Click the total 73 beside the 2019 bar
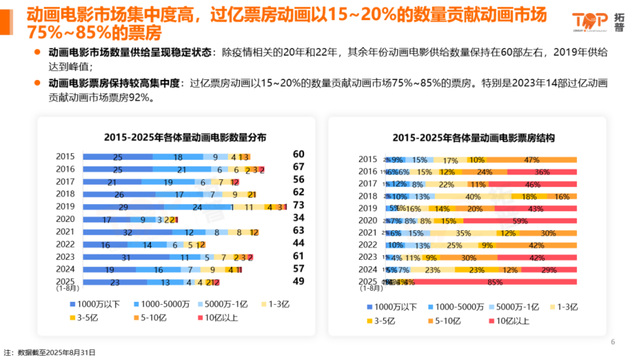click(298, 204)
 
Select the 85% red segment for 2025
click(495, 282)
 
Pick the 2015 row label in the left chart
click(65, 157)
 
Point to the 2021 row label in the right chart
click(368, 233)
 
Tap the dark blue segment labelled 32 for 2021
click(127, 232)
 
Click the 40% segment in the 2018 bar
click(473, 196)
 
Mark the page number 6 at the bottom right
click(613, 342)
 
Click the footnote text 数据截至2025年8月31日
click(57, 353)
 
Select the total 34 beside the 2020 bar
click(298, 217)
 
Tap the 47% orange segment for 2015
click(531, 160)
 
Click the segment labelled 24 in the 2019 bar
click(197, 207)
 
